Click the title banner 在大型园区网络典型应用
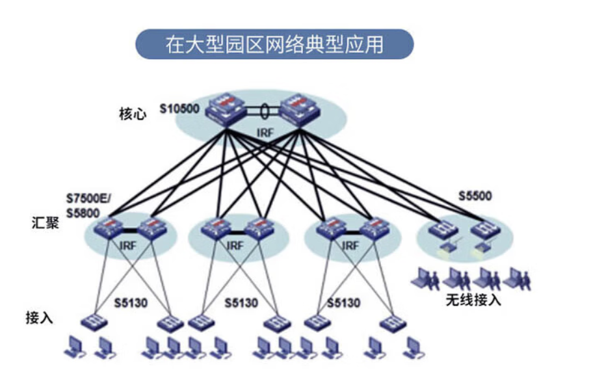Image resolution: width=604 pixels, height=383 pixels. (274, 44)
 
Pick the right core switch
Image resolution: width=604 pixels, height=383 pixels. (302, 110)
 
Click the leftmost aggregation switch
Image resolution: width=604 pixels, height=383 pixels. (107, 228)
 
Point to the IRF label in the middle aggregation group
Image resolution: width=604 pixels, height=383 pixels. (235, 246)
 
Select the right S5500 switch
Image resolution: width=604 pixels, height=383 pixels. (486, 229)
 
